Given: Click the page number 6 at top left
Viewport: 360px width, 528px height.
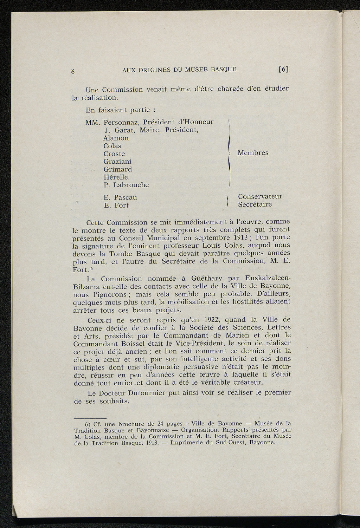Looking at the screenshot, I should (x=73, y=71).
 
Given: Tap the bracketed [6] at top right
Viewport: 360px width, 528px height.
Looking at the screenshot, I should (x=283, y=70).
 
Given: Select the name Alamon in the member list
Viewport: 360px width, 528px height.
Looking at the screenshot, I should (x=116, y=138).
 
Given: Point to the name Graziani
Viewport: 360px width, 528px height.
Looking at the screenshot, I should (x=117, y=162).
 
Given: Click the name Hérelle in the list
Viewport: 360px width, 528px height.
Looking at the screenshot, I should (x=115, y=177).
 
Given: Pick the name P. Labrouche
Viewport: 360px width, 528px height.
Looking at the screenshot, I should (x=126, y=185).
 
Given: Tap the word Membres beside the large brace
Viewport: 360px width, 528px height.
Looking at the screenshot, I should (x=253, y=153).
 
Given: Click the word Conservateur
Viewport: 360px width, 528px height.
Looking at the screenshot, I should (x=260, y=196).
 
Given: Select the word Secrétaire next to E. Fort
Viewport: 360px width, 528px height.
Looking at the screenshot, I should (x=255, y=204).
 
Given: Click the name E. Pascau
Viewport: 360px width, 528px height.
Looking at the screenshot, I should (x=120, y=197).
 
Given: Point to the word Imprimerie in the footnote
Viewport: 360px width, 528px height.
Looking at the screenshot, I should (x=187, y=443).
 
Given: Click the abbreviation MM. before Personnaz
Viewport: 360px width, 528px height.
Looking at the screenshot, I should (x=93, y=122).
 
